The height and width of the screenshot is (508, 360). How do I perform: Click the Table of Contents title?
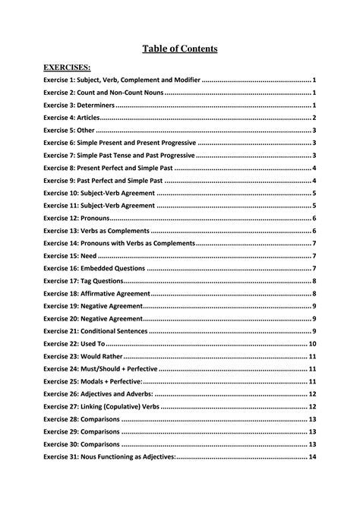coord(180,49)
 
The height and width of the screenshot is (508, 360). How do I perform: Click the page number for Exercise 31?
coord(312,456)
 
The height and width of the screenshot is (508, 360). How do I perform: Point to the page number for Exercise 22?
coord(312,343)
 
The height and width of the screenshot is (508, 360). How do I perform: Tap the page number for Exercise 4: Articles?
coord(314,118)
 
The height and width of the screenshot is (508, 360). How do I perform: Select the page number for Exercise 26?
coord(312,394)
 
